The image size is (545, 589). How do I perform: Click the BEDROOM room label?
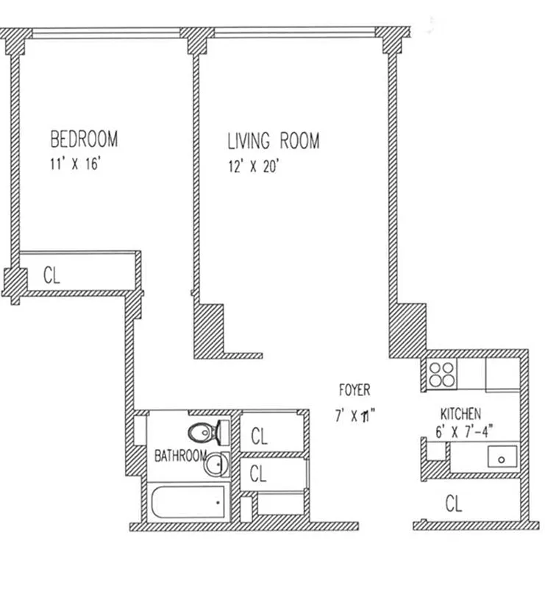pos(84,139)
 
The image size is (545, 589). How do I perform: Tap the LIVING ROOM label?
pos(273,141)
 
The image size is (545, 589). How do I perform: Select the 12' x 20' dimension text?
pos(252,166)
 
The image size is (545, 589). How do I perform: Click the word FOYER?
pos(354,390)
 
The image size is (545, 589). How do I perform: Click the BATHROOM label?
pos(179,456)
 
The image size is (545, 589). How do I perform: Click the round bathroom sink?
pos(215,465)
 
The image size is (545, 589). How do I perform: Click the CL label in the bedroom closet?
pos(51,275)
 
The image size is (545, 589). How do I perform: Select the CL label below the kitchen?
pos(455,504)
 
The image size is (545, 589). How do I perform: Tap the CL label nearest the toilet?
pos(259,436)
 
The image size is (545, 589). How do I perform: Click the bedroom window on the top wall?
pos(107,33)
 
